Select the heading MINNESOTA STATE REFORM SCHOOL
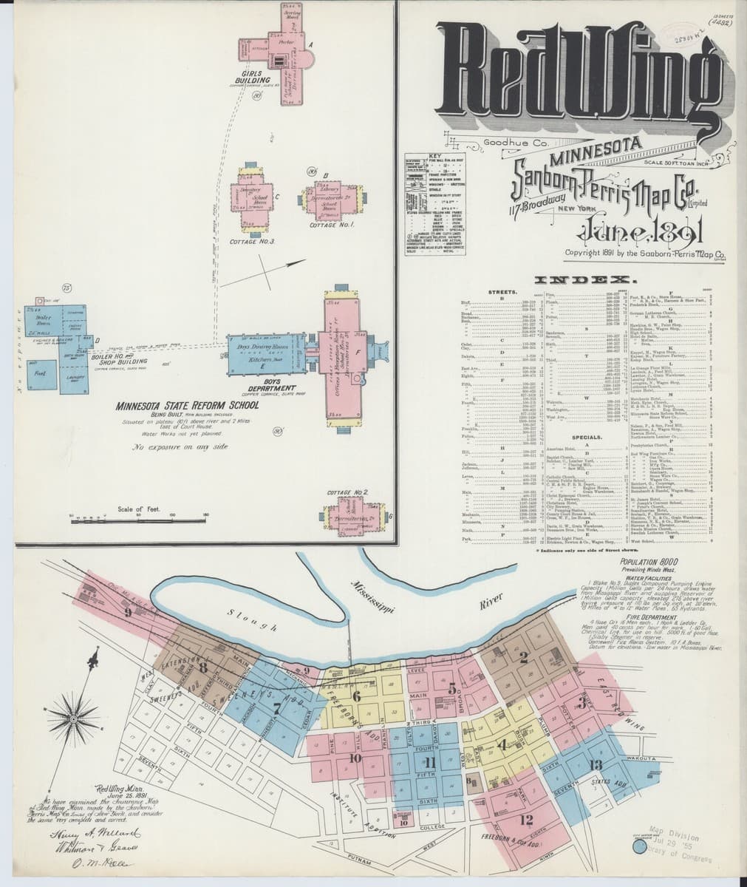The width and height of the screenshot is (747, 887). [186, 406]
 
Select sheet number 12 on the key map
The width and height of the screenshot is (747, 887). [526, 819]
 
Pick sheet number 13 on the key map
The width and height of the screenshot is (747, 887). [596, 764]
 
